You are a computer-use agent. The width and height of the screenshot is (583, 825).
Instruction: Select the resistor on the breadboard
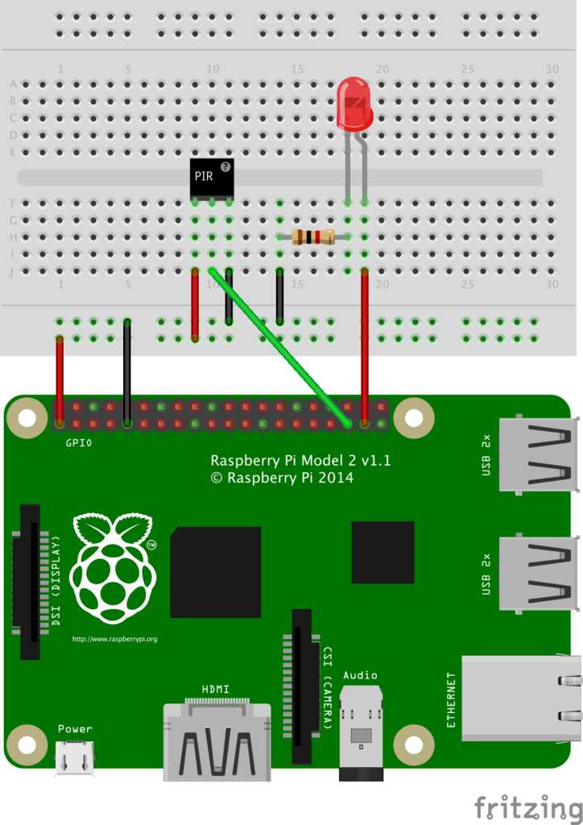pyautogui.click(x=313, y=236)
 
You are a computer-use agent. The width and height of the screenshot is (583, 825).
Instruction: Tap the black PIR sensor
pyautogui.click(x=211, y=180)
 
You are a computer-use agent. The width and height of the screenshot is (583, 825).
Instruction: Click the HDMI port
pyautogui.click(x=217, y=741)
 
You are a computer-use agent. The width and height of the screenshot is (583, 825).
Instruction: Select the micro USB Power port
pyautogui.click(x=74, y=758)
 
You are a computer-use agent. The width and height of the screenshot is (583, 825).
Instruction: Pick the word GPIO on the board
pyautogui.click(x=80, y=442)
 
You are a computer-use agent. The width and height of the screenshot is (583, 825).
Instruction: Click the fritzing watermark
pyautogui.click(x=527, y=806)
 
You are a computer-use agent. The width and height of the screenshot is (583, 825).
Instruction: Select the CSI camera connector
pyautogui.click(x=302, y=686)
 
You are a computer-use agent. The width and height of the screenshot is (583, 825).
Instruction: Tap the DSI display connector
pyautogui.click(x=30, y=581)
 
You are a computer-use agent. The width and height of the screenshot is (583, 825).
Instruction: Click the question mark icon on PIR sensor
pyautogui.click(x=225, y=166)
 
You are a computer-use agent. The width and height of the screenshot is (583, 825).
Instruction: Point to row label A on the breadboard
pyautogui.click(x=13, y=84)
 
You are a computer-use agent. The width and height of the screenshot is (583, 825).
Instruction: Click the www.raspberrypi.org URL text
pyautogui.click(x=114, y=639)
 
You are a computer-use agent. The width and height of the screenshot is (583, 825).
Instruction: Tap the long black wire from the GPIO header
pyautogui.click(x=127, y=371)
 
